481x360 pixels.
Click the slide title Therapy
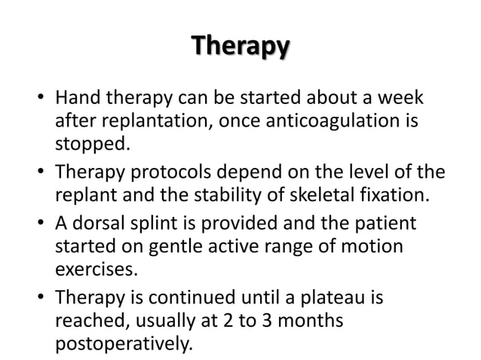point(240,46)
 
